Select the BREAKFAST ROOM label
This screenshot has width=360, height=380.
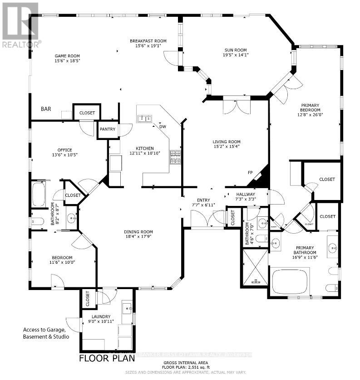[x=148, y=41]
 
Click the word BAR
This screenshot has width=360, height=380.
[x=46, y=109]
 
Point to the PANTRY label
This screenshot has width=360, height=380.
[x=108, y=129]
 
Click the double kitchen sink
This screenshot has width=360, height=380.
[x=145, y=119]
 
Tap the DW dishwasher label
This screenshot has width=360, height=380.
[x=162, y=127]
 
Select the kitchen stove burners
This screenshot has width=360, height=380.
[x=175, y=157]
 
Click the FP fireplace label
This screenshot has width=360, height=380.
[x=250, y=172]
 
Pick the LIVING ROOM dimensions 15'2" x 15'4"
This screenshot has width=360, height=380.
[x=226, y=146]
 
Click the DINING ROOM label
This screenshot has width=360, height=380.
[x=138, y=232]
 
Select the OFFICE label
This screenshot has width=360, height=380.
[x=65, y=150]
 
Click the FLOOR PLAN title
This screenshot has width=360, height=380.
[x=107, y=358]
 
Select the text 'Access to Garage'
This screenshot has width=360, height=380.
[x=44, y=330]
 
